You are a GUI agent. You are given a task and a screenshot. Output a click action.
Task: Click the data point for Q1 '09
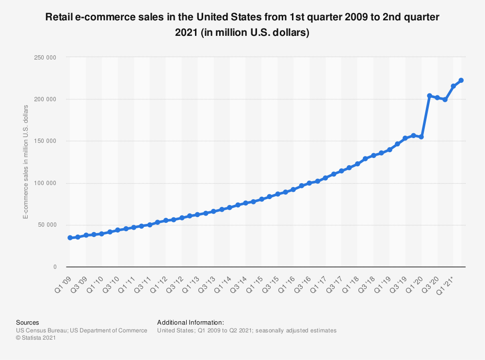[x=70, y=238]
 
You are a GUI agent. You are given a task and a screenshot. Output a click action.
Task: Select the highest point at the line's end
[x=461, y=80]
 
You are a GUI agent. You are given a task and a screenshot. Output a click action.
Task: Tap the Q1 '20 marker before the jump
[x=421, y=137]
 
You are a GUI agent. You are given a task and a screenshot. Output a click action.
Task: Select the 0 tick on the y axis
[x=55, y=267]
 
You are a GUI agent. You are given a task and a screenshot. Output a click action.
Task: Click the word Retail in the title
[x=58, y=18]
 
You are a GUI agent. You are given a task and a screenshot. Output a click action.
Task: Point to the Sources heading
[x=27, y=322]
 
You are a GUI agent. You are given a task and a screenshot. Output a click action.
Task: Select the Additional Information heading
[x=190, y=322]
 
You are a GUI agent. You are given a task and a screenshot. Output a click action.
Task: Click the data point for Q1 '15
[x=261, y=199]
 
